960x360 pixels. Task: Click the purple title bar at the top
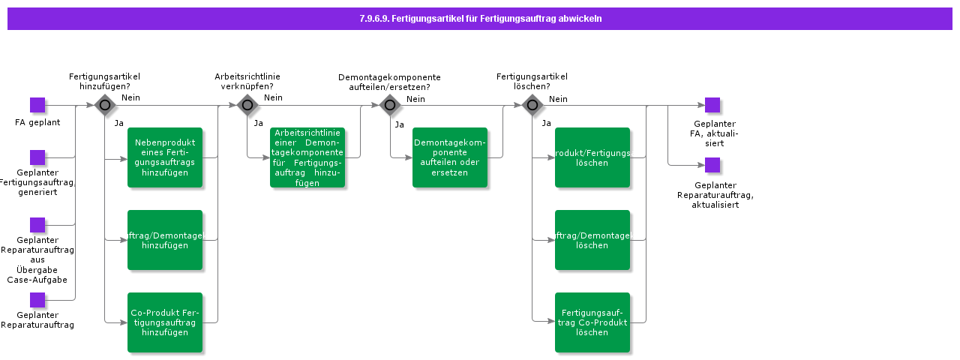pyautogui.click(x=480, y=19)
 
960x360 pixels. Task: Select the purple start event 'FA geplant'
pyautogui.click(x=37, y=105)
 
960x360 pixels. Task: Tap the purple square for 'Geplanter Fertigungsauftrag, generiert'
pyautogui.click(x=37, y=157)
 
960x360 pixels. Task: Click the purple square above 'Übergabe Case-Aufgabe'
pyautogui.click(x=37, y=225)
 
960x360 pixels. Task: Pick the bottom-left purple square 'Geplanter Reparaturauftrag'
pyautogui.click(x=37, y=300)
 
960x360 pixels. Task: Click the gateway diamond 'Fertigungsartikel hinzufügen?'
pyautogui.click(x=104, y=105)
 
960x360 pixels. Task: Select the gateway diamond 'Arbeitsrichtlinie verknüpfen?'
pyautogui.click(x=247, y=105)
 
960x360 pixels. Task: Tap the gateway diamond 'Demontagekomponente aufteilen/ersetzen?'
pyautogui.click(x=389, y=105)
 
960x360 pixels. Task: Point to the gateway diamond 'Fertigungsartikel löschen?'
pyautogui.click(x=532, y=105)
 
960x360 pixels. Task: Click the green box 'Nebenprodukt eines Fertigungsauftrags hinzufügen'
pyautogui.click(x=165, y=157)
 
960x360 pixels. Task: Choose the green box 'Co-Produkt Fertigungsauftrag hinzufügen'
pyautogui.click(x=165, y=322)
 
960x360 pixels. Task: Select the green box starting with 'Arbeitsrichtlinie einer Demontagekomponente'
pyautogui.click(x=307, y=157)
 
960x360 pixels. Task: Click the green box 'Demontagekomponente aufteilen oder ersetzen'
pyautogui.click(x=450, y=157)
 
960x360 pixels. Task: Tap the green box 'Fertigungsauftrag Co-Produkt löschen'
pyautogui.click(x=592, y=322)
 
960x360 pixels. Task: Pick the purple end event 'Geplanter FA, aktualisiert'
pyautogui.click(x=712, y=105)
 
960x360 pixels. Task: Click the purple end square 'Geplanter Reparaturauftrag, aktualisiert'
pyautogui.click(x=712, y=165)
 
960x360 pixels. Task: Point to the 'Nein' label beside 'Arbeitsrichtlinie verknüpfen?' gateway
pyautogui.click(x=273, y=97)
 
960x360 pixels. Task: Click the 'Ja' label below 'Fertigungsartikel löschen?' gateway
pyautogui.click(x=547, y=123)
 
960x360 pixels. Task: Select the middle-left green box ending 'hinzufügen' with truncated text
pyautogui.click(x=165, y=240)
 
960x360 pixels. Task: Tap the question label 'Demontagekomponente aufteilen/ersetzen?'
pyautogui.click(x=389, y=82)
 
